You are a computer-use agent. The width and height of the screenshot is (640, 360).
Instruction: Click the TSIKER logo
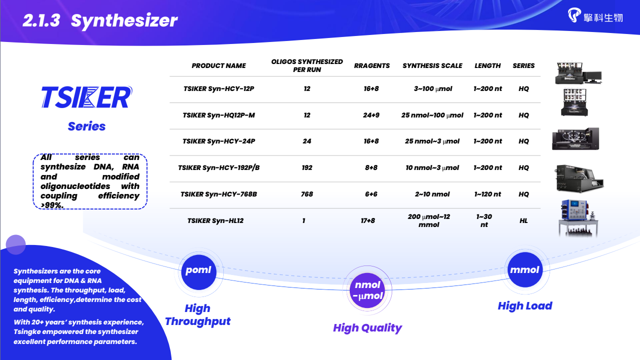tap(87, 97)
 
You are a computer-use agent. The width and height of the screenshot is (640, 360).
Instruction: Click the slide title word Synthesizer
tap(124, 20)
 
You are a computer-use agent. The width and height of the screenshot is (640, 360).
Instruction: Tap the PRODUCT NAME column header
tap(218, 66)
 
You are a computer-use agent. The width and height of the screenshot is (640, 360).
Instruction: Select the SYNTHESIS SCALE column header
tap(432, 66)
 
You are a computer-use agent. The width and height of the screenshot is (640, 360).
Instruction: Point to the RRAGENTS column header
tap(372, 66)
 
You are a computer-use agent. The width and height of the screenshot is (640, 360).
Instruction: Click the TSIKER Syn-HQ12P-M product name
tap(218, 115)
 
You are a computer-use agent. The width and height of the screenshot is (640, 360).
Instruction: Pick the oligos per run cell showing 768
tap(307, 194)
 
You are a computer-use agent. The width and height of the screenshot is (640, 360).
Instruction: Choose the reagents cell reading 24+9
tap(371, 115)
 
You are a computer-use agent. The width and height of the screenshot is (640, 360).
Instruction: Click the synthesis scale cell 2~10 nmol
tap(432, 194)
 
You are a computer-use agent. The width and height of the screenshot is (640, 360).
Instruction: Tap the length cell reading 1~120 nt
tap(488, 194)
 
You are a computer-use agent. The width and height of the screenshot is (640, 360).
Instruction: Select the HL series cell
tap(524, 220)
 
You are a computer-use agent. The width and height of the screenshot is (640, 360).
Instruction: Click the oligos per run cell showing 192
tap(307, 167)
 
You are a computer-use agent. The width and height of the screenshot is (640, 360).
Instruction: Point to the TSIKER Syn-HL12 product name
tap(215, 220)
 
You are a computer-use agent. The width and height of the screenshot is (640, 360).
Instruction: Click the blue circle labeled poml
tap(198, 272)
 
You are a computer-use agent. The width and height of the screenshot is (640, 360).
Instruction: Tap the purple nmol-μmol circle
tap(367, 290)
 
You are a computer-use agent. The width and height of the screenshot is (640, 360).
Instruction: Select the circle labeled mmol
tap(525, 269)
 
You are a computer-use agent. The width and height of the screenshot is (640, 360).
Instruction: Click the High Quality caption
tap(367, 327)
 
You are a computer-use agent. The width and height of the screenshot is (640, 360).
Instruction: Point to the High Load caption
tap(525, 306)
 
